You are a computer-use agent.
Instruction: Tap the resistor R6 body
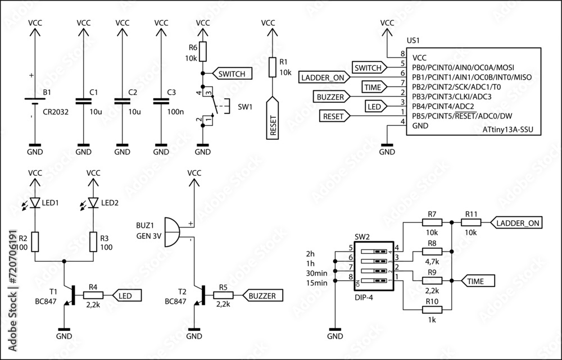203,52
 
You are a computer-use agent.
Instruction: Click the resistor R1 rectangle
272,67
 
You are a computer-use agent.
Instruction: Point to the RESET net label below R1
272,119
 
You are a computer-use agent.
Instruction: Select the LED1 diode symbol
35,202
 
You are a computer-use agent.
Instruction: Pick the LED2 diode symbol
93,202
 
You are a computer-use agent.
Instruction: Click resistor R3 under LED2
93,241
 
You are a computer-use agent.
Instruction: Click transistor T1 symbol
70,295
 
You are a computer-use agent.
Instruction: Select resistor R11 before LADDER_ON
471,223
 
